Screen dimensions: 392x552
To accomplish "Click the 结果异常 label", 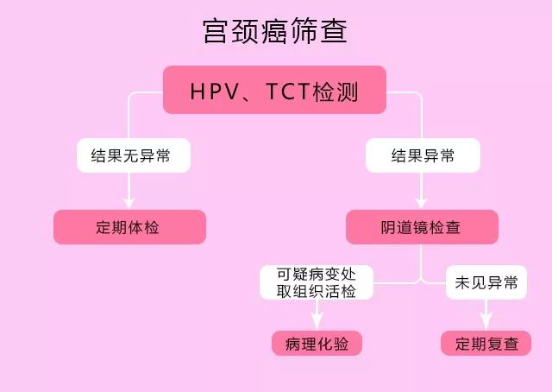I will point(423,155).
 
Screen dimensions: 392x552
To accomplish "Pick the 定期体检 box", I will point(129,227).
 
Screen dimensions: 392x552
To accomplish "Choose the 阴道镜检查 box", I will point(422,227).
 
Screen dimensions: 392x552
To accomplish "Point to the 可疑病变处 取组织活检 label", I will point(317,281).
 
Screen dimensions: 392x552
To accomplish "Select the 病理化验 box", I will point(317,343).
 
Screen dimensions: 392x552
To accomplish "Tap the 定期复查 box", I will point(486,343).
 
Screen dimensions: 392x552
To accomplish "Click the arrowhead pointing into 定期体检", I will point(129,203).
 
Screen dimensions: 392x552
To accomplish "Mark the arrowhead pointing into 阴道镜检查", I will point(422,203).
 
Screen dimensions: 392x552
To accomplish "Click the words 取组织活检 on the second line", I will point(317,290).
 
